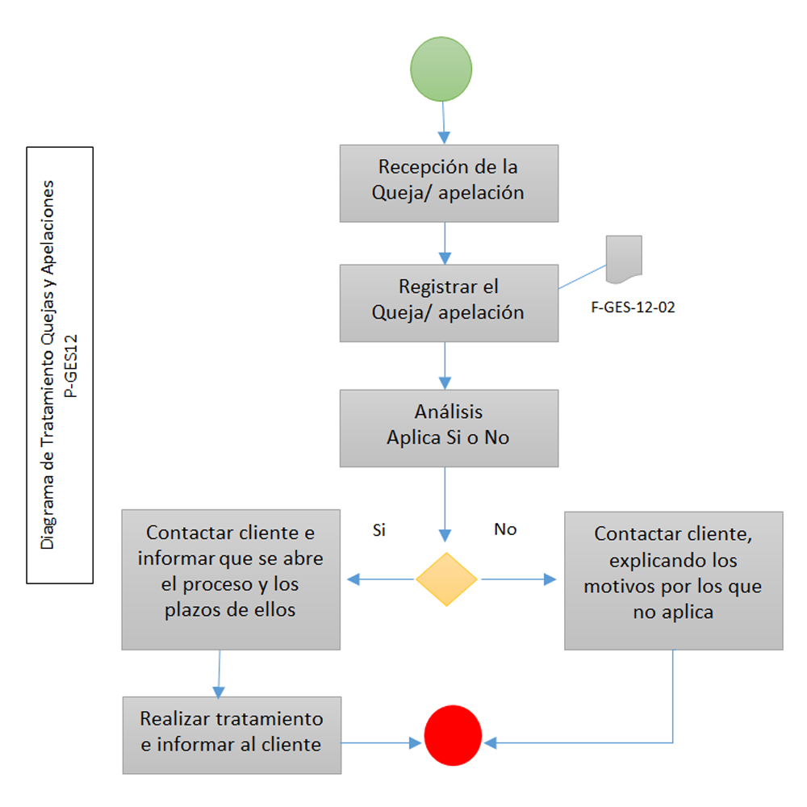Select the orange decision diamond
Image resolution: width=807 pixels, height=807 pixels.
[x=446, y=579]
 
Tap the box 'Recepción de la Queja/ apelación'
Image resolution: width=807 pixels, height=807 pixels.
[x=449, y=183]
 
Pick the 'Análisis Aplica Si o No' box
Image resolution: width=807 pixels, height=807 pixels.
[x=449, y=428]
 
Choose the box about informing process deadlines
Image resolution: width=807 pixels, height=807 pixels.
[x=231, y=579]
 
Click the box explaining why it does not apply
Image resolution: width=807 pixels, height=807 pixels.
[x=673, y=579]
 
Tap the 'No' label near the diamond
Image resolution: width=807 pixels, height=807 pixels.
[x=505, y=530]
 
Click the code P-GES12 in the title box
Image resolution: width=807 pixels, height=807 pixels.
[x=73, y=365]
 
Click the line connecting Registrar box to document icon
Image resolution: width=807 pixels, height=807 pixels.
[x=582, y=277]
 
